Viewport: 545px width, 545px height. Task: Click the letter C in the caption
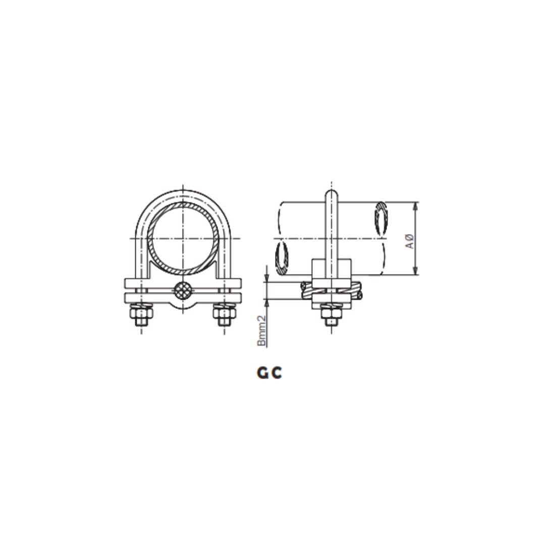(276, 373)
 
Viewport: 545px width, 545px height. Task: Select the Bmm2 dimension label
(261, 331)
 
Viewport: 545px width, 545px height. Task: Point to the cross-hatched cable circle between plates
(182, 291)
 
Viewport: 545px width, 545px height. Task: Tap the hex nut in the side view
(331, 311)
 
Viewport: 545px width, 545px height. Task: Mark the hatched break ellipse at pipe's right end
(381, 218)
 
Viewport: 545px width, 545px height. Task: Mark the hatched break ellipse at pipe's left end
(281, 258)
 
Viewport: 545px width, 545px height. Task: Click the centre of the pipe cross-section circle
(182, 238)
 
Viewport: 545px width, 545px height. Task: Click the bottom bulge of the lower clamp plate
(182, 306)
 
